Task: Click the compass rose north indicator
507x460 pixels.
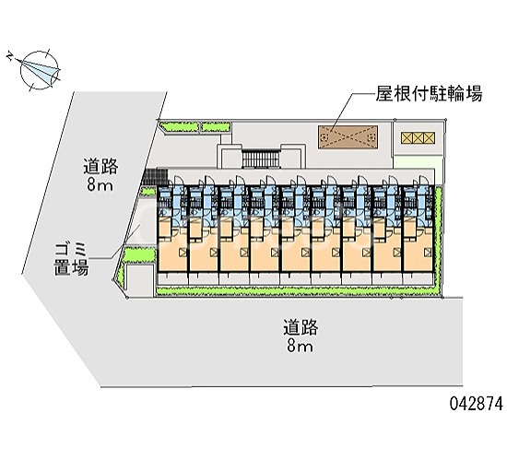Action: [x=40, y=70]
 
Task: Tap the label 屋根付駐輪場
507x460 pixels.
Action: [x=429, y=94]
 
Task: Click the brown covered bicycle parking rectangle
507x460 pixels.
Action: [x=348, y=137]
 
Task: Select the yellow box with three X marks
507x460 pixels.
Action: [x=418, y=137]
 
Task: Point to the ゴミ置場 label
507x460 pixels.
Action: [x=71, y=259]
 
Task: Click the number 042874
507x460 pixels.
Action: [x=477, y=403]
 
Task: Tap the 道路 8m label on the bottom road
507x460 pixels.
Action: [x=301, y=336]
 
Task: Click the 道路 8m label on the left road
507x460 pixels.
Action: [x=100, y=174]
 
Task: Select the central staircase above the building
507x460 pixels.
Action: [x=260, y=159]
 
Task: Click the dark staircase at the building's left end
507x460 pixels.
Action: [x=155, y=176]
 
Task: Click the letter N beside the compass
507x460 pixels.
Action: [x=10, y=56]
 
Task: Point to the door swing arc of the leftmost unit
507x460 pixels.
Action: [x=178, y=181]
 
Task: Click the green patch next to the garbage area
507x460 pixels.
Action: [x=140, y=254]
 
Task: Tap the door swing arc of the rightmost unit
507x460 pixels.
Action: [x=423, y=181]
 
